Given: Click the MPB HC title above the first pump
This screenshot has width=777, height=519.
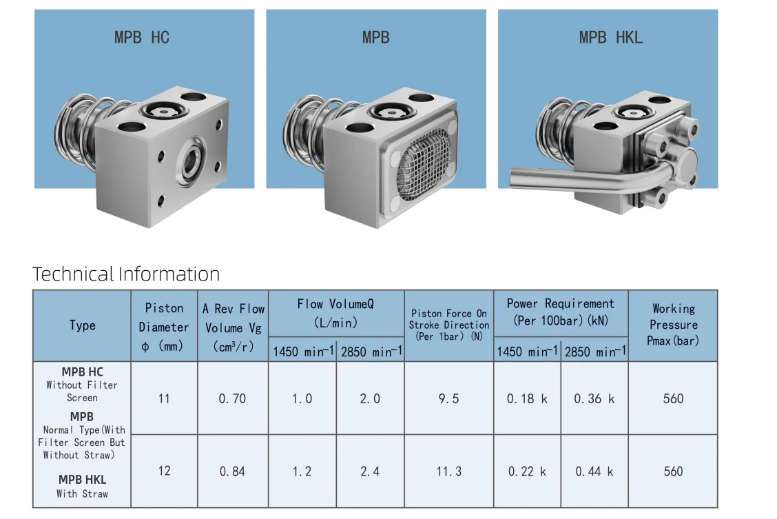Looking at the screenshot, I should (x=141, y=37).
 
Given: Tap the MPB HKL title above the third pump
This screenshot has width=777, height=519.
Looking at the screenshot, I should (x=610, y=37).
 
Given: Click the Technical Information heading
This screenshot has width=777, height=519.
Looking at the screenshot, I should (x=126, y=274).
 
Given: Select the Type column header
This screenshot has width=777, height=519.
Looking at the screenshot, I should (x=82, y=325).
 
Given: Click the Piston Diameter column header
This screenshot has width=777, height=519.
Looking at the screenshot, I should (x=164, y=327).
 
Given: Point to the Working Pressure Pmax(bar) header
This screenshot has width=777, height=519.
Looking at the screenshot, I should (x=673, y=325).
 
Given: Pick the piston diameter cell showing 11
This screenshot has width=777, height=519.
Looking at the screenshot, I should (x=164, y=398).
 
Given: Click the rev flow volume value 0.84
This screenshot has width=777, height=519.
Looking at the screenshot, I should (x=232, y=471).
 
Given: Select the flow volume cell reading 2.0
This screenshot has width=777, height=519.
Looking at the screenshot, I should (x=370, y=398).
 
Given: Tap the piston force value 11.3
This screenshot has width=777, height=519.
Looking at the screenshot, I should (x=448, y=471).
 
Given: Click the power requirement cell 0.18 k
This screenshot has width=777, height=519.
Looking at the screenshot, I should (x=527, y=398).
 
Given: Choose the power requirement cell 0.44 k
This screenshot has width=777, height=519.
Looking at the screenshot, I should (x=594, y=471).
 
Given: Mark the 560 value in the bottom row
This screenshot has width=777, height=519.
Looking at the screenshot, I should (x=673, y=471).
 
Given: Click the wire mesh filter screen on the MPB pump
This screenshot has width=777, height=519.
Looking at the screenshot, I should (x=422, y=157).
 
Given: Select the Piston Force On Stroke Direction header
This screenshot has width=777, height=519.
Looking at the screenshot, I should (x=448, y=325).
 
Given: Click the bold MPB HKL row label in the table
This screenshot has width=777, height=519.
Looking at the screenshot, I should (x=82, y=480).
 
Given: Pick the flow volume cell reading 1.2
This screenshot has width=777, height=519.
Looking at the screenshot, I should (x=302, y=471).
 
